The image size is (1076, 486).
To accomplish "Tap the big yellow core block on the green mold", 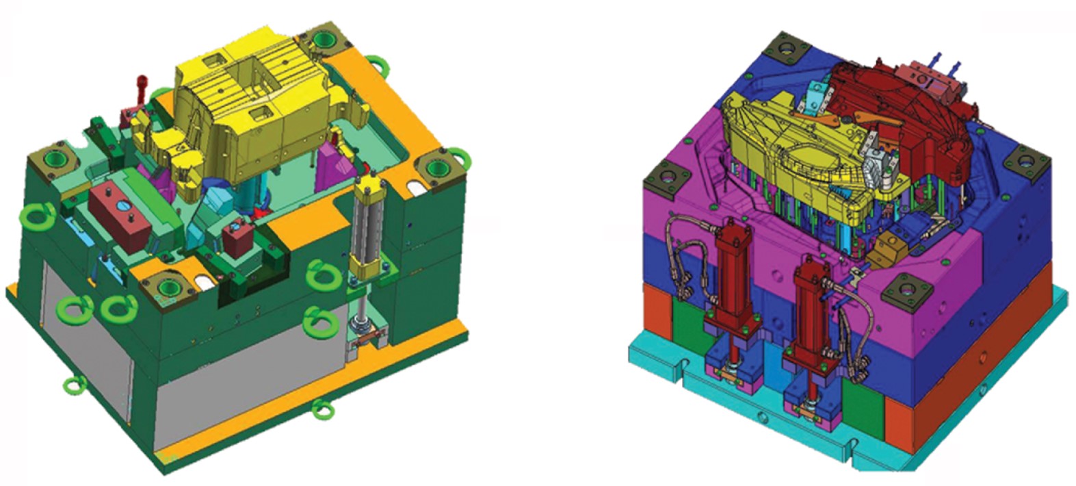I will (246, 116).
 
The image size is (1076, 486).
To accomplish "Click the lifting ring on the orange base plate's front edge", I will (322, 409).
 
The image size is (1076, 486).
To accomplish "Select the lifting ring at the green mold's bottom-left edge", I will (74, 385).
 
